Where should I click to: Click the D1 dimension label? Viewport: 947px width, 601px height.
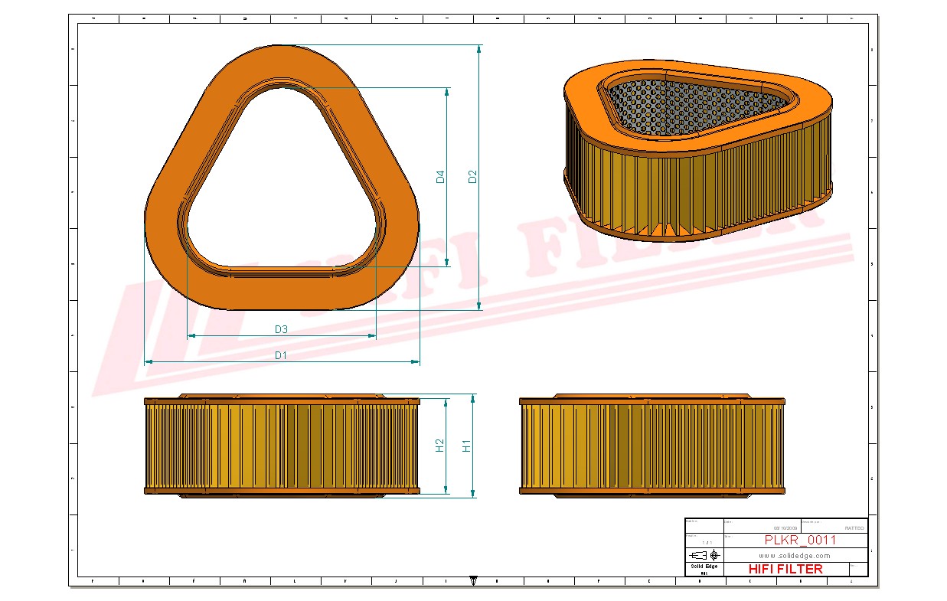(x=281, y=355)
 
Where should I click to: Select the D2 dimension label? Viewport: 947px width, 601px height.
(x=472, y=176)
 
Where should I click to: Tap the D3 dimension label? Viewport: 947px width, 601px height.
(x=281, y=329)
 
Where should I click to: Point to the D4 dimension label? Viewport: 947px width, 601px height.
(x=440, y=177)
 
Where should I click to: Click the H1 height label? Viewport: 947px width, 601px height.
(x=466, y=446)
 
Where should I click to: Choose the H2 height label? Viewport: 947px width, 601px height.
(x=439, y=445)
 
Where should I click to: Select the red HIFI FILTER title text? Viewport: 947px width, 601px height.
(x=785, y=569)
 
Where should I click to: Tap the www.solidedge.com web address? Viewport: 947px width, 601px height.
(x=795, y=555)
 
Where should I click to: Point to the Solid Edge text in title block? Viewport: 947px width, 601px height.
(x=704, y=567)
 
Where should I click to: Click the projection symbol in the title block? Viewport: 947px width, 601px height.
(x=704, y=554)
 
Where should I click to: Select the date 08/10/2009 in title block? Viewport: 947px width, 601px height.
(x=785, y=528)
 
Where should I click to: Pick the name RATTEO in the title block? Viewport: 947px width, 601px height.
(x=854, y=528)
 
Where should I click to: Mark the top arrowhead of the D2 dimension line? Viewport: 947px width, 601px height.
(x=479, y=48)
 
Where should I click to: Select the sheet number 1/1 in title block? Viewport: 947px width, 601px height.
(x=704, y=541)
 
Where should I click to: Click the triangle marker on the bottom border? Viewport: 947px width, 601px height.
(x=473, y=581)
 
